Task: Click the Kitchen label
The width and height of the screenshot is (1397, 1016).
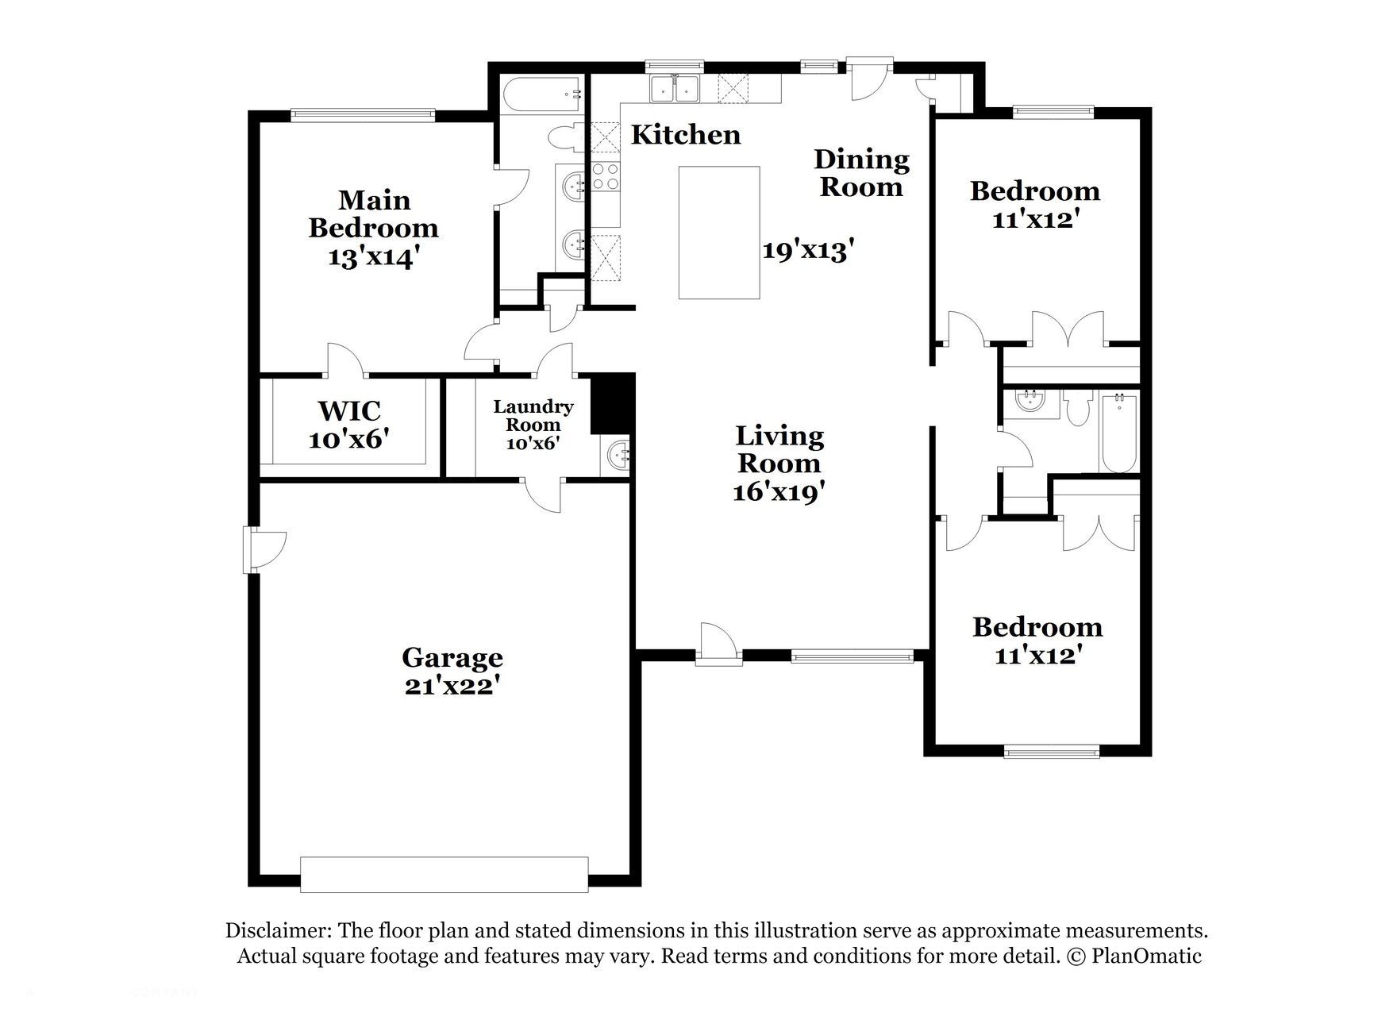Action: [x=685, y=135]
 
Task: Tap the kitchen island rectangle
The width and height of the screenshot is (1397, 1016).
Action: [x=718, y=233]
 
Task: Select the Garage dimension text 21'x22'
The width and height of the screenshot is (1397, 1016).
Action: [x=452, y=685]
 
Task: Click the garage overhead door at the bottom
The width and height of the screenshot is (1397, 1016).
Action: [x=444, y=874]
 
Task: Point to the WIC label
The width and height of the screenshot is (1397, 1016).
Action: [x=349, y=411]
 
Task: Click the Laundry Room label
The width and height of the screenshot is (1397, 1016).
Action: [x=533, y=416]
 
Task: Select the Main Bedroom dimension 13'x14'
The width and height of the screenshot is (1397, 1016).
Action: [x=373, y=257]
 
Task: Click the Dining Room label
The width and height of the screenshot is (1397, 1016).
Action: [x=861, y=173]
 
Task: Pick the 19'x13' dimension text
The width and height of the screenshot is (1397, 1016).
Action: [x=808, y=251]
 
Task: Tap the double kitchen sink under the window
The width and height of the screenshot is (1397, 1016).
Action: [x=675, y=89]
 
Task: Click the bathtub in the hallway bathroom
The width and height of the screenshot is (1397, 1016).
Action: [x=1118, y=433]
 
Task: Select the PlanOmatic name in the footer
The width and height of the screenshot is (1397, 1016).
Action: [x=1146, y=956]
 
